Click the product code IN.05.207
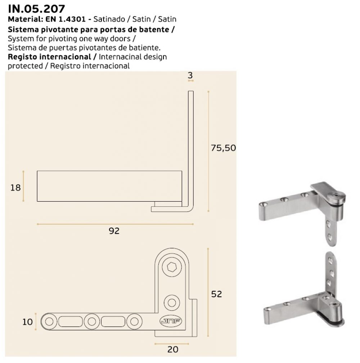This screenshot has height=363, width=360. point(32,8)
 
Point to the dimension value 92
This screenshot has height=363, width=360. point(114,231)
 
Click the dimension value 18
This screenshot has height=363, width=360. point(15,187)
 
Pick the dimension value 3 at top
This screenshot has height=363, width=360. point(190,75)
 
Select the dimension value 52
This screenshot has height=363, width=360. point(216,294)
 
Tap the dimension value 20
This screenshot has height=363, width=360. point(173,349)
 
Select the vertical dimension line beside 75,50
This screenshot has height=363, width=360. point(208,151)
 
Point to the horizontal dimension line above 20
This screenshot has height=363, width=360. point(172,343)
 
